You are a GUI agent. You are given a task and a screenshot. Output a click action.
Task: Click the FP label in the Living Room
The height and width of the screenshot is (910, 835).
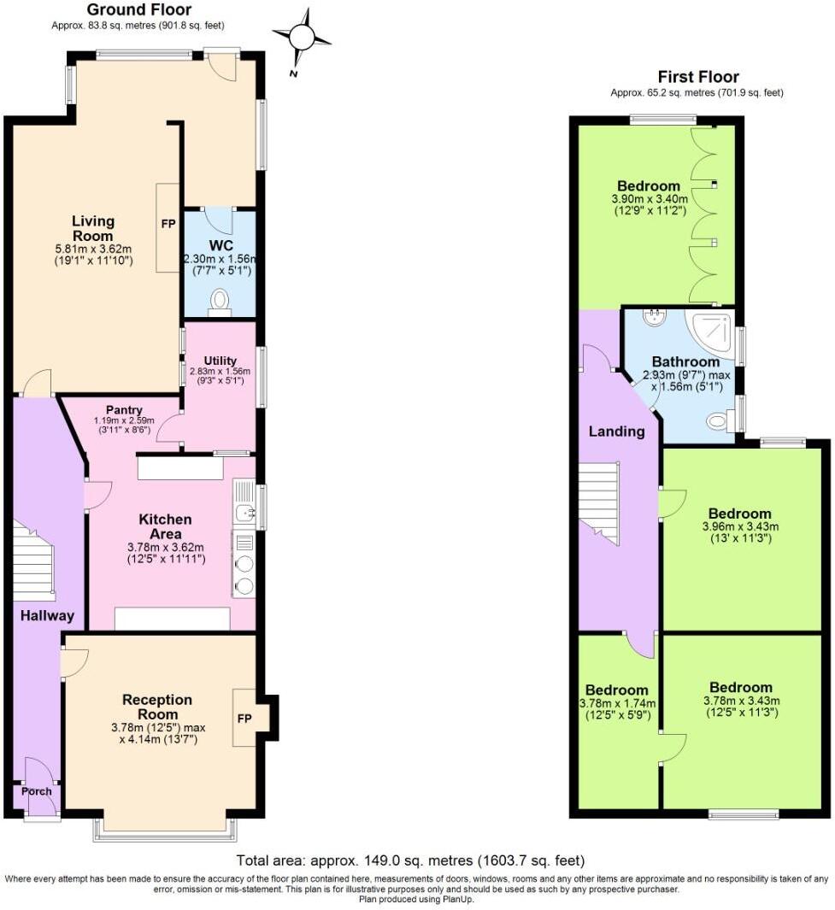coord(168,224)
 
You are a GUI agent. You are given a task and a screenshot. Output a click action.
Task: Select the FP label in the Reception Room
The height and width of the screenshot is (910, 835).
coord(243,718)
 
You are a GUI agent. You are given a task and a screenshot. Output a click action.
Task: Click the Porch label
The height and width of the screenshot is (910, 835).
coord(36,791)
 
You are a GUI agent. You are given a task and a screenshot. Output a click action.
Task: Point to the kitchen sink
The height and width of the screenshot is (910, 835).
coord(242,513)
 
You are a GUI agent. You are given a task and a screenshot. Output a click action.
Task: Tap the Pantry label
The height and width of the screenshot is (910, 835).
coord(124,410)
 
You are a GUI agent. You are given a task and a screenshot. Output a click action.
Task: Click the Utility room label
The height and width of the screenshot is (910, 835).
coord(221,361)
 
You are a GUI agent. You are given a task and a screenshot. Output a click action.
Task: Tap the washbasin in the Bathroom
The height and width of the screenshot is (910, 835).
coord(656,318)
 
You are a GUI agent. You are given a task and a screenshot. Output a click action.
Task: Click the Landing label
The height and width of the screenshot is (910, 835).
coord(616,432)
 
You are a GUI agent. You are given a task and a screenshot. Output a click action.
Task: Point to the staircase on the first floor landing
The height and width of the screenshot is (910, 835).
coord(599,500)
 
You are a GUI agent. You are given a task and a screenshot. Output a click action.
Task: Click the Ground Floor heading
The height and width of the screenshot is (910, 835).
coord(140,10)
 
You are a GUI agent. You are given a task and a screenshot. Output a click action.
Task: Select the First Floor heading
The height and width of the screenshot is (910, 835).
coord(697,77)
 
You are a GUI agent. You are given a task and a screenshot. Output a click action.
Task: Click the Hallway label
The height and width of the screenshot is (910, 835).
coord(48,615)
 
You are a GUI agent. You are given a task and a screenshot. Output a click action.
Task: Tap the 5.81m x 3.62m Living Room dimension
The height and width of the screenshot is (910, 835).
coord(92,249)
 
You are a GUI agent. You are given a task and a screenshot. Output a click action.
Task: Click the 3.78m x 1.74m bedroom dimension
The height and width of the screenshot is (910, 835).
coord(617,704)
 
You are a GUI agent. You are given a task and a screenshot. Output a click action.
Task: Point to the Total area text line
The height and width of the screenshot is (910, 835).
coord(410,860)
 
